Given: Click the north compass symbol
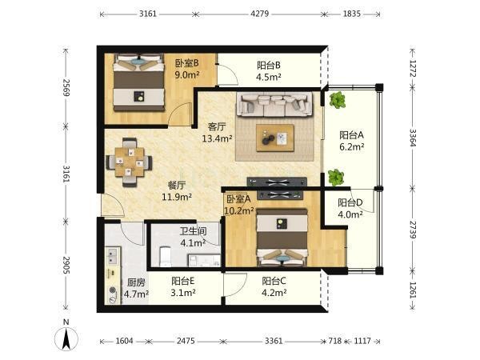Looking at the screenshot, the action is pos(66,336).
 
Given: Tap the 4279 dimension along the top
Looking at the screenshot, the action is pos(259,14).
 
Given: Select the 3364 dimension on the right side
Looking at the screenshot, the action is pos(413,138).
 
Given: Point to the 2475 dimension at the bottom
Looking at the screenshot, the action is pos(186,341).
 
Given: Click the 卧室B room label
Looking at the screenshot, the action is pos(186,63).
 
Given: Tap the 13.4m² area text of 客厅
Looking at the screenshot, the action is pos(217,138).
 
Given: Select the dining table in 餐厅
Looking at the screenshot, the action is pos(129,162).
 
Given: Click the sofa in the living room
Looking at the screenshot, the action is pos(274,105).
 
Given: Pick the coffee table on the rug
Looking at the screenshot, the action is pos(275,138).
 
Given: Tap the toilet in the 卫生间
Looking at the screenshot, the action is pos(166,256).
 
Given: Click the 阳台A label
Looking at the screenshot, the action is pos(351,135).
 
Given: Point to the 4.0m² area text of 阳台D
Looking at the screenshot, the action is pos(350,214).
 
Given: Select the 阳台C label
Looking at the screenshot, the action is pos(274,281).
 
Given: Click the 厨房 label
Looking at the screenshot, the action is pos(136,282).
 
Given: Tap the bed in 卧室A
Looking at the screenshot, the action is pos(282,237).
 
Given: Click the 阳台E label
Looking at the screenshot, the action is pos(182,281).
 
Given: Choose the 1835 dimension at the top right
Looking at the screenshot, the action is pos(351,14).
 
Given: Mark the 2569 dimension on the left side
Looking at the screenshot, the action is pos(66,88).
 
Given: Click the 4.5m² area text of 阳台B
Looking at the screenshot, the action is pos(269,77).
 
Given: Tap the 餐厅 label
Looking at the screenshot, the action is pos(177,186).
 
